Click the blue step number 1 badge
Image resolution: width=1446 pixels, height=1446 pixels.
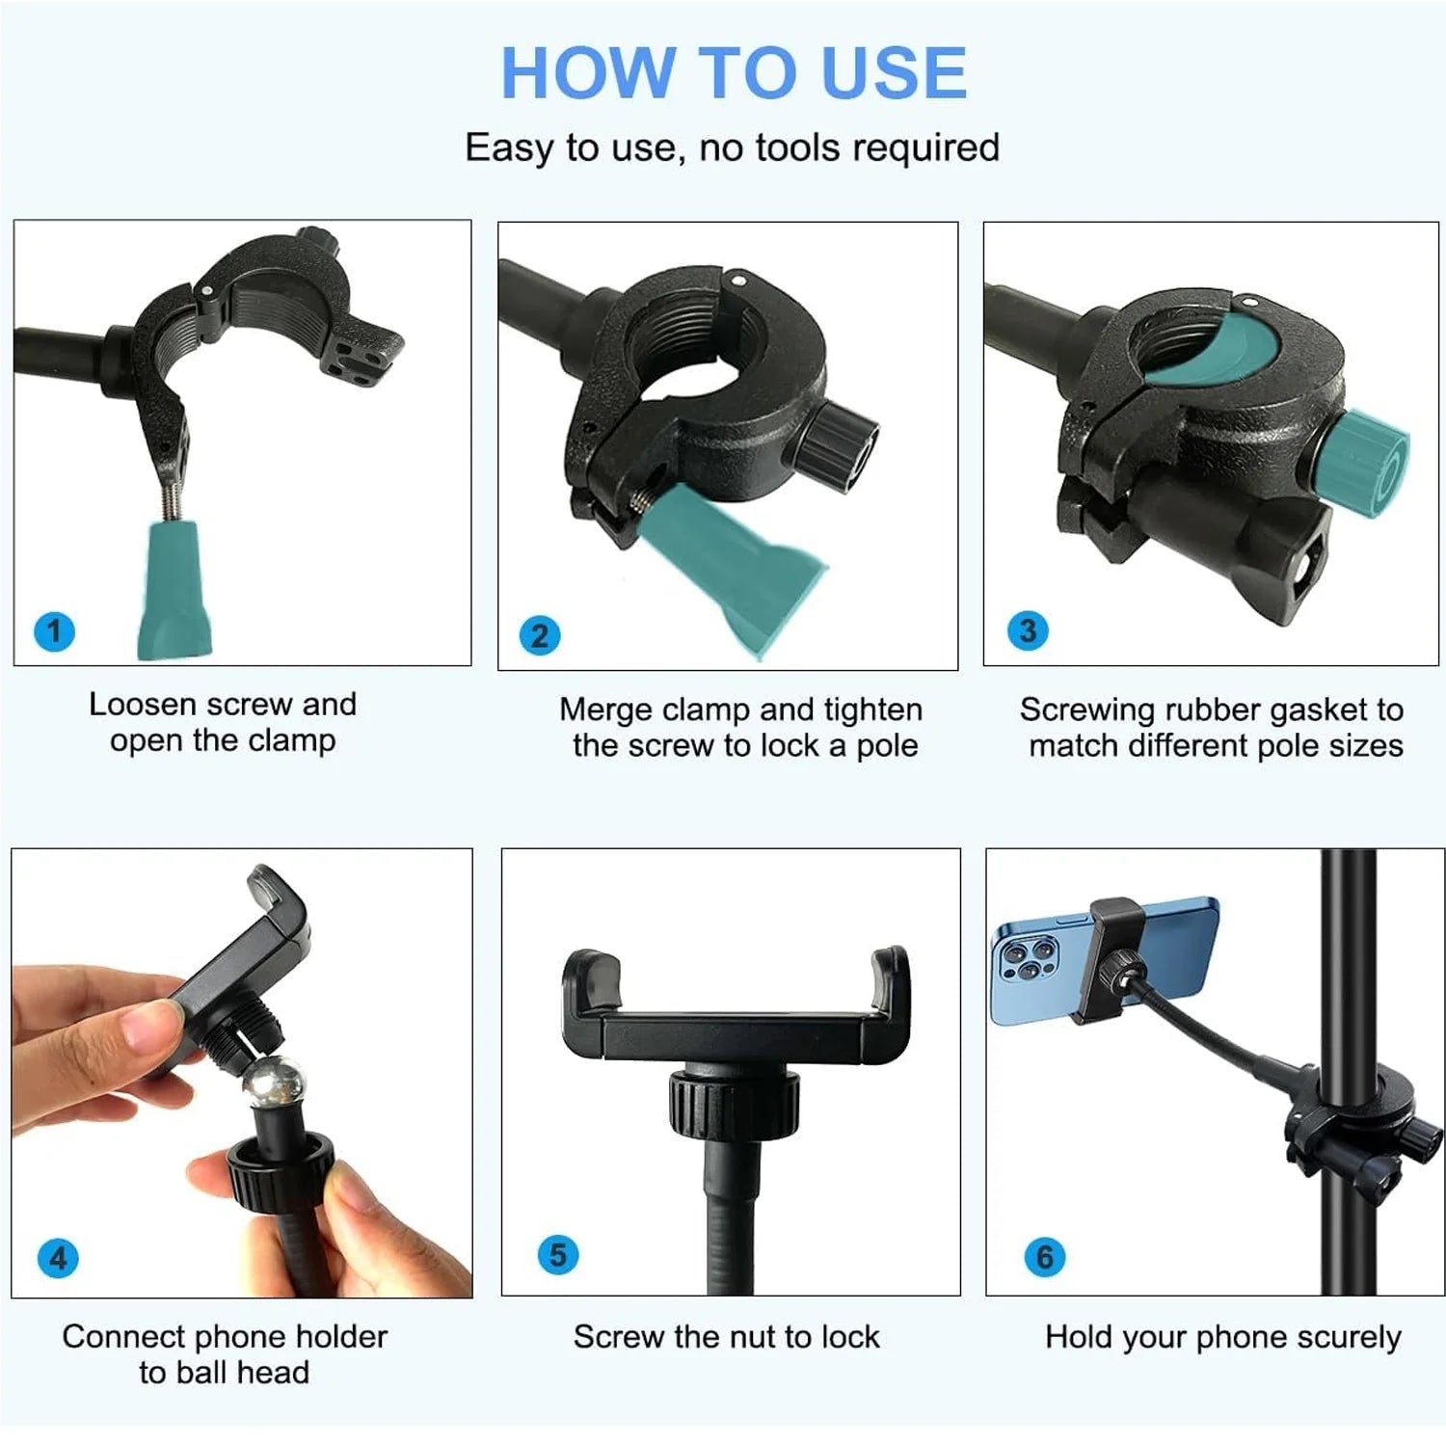[x=54, y=632]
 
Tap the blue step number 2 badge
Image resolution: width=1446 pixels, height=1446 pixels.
[x=540, y=635]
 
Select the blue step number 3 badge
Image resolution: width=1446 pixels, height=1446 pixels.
[x=1028, y=631]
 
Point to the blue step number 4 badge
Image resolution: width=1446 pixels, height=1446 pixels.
[x=58, y=1258]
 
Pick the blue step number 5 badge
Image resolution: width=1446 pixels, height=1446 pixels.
[x=558, y=1255]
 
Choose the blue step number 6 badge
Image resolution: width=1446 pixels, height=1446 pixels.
[x=1045, y=1257]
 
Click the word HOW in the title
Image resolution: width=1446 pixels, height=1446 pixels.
[x=588, y=73]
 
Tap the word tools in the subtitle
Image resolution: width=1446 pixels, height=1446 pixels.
[x=799, y=147]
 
